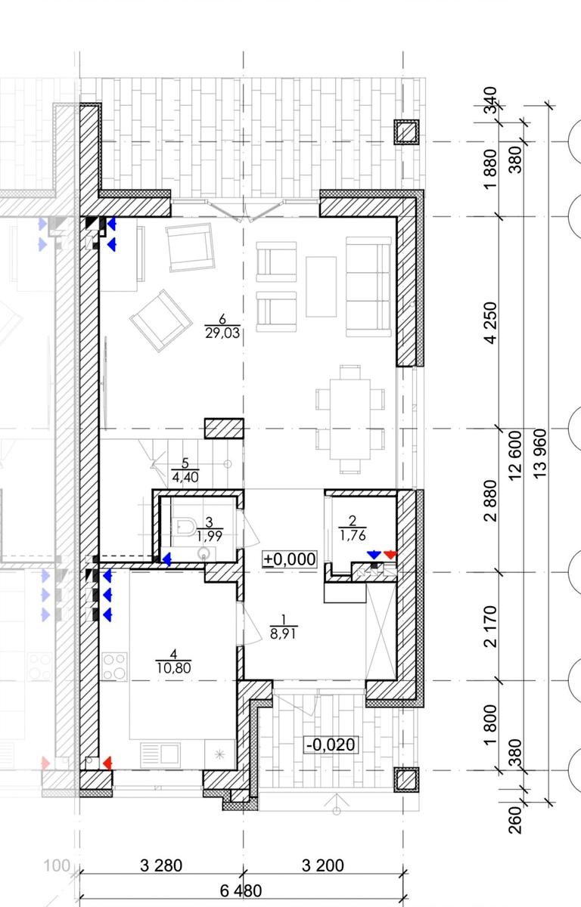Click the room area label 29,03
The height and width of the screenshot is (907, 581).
click(x=222, y=333)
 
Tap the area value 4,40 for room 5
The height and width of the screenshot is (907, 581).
click(x=185, y=477)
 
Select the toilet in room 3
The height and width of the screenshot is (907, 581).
click(x=185, y=527)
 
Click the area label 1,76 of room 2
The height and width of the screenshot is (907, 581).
click(x=353, y=535)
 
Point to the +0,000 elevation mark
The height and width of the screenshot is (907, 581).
click(x=289, y=559)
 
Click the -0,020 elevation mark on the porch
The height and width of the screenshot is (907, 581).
click(x=331, y=744)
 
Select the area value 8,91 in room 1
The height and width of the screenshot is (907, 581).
click(x=283, y=633)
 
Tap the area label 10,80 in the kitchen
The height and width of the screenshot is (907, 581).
click(x=174, y=667)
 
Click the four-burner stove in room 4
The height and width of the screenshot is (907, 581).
click(x=114, y=666)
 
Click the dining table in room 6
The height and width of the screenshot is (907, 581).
click(x=350, y=419)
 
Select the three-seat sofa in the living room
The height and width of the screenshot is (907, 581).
click(x=368, y=286)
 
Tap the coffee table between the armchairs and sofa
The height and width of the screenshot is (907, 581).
click(x=321, y=286)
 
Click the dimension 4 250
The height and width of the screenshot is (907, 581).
click(x=490, y=323)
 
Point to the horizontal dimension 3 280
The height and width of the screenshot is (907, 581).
click(x=161, y=865)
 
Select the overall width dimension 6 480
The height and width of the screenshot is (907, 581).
click(x=241, y=891)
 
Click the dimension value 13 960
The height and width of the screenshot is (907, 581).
click(x=539, y=454)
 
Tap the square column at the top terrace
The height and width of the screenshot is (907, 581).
click(x=407, y=132)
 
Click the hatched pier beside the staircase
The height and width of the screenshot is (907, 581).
click(x=224, y=429)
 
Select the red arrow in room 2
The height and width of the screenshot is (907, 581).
click(x=390, y=555)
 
